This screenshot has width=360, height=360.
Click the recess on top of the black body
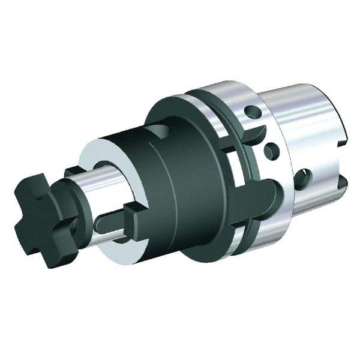coord(157,131)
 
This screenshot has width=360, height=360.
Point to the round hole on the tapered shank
coord(304,178)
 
